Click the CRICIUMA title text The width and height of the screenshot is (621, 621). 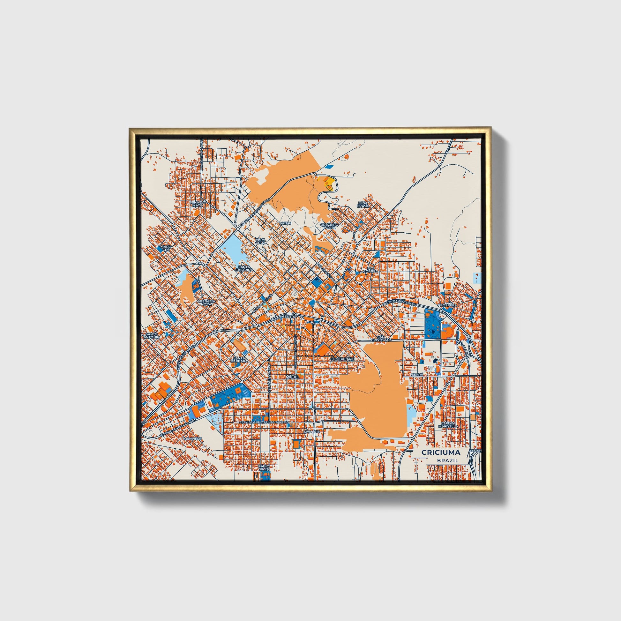click(440, 453)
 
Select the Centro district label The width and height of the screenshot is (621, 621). click(289, 317)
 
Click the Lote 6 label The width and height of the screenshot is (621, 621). click(285, 223)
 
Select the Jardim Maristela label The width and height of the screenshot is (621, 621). click(449, 425)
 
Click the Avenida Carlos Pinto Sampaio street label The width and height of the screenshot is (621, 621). click(267, 422)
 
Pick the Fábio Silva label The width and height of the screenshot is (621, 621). click(266, 468)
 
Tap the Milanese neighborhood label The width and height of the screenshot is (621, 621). click(192, 438)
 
